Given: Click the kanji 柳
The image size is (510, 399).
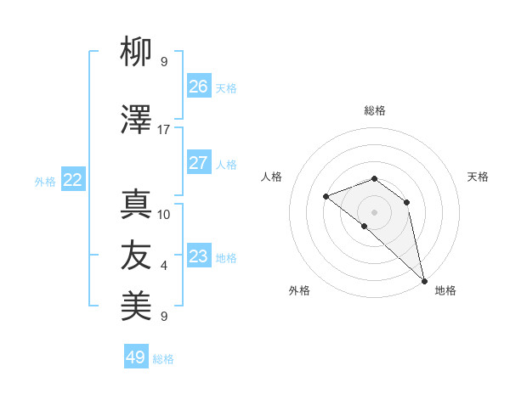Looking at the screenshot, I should (136, 53).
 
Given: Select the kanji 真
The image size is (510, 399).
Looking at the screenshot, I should (136, 205).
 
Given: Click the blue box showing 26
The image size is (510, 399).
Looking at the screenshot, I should (199, 87).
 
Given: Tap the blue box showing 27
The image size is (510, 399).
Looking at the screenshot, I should (199, 163).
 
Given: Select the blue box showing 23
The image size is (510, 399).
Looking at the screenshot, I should (199, 256).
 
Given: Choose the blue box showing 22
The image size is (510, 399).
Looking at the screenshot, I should (73, 180).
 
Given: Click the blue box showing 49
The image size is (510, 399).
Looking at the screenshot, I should (136, 357).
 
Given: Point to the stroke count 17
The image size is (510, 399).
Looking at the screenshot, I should (164, 130).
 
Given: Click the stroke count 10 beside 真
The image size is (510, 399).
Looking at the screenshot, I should (164, 215).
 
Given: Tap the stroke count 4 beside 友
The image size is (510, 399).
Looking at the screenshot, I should (164, 266).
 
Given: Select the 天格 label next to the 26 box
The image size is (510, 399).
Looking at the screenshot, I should (226, 88).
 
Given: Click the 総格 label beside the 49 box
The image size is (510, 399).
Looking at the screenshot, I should (163, 359).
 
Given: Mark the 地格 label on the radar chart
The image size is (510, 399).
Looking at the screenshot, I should (445, 291).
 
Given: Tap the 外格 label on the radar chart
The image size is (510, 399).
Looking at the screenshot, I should (299, 291).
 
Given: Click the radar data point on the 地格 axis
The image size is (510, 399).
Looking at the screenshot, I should (424, 280).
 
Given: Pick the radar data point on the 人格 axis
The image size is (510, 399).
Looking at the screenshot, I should (326, 196).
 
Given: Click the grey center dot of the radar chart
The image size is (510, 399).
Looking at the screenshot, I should (374, 211).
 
